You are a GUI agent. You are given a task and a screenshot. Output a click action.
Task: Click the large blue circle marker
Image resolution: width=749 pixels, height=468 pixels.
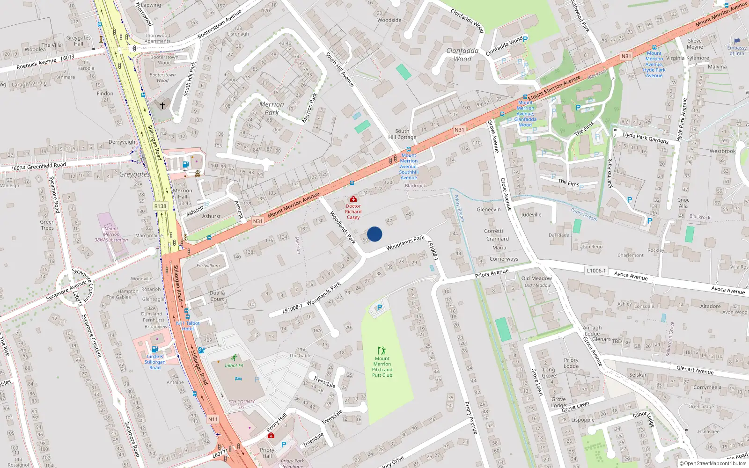coord(374,234)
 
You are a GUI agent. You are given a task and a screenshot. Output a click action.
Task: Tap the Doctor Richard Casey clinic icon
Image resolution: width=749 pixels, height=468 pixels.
coord(353,199)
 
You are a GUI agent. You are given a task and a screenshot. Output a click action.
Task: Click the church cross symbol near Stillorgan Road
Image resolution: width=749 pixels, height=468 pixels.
coord(162,106)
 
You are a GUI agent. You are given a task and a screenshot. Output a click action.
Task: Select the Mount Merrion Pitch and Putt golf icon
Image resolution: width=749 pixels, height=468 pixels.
coord(382,351)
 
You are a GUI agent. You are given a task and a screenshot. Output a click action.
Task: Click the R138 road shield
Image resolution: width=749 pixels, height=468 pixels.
coord(160,206)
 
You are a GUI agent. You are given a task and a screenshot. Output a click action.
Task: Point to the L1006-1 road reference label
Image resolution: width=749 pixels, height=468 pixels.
coord(596,271)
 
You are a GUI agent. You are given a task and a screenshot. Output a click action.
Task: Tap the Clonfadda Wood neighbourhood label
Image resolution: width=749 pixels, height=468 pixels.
coord(463,55)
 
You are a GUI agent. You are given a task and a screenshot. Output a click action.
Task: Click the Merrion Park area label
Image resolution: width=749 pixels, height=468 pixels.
coord(272,108)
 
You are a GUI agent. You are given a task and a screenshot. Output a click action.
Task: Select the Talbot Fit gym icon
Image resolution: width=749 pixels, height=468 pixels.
coord(234,358)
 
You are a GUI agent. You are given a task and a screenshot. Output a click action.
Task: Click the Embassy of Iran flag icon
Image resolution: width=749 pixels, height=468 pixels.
coord(737,41)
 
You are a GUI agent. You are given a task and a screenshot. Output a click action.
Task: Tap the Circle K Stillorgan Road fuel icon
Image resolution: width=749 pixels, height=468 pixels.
coord(154,349)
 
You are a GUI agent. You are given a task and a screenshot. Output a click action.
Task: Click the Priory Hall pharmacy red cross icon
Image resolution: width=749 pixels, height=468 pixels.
coord(271,435)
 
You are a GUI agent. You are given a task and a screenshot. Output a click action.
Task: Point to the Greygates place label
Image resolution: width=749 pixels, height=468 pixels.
coord(134,174)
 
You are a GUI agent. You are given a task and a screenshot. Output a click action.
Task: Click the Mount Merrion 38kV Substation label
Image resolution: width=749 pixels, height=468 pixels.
coord(111,234)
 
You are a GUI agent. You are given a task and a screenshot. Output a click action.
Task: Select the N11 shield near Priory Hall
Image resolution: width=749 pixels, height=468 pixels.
coord(213,419)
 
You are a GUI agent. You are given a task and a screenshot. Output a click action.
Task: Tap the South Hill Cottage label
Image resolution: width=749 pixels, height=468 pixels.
coord(402,134)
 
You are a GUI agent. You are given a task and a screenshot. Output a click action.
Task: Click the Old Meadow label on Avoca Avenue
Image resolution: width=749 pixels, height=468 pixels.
coord(537,278)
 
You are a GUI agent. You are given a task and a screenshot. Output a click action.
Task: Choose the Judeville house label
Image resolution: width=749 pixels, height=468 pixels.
coord(531,215)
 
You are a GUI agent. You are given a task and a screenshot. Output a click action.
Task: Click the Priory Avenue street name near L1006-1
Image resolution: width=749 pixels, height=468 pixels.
coord(492,273)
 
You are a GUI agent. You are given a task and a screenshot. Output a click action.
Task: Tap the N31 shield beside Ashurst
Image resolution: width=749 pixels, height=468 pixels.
coord(257,221)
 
